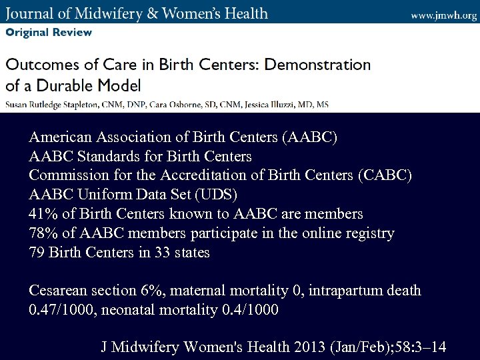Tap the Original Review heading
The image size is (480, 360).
coord(49,32)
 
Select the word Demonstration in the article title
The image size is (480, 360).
coord(317,65)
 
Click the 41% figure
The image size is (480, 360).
coord(43,214)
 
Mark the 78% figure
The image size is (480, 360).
coord(43,233)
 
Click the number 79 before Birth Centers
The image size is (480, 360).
coord(37,253)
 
